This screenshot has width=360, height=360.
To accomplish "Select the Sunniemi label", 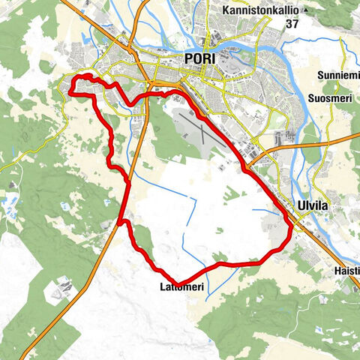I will pos(337,77).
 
